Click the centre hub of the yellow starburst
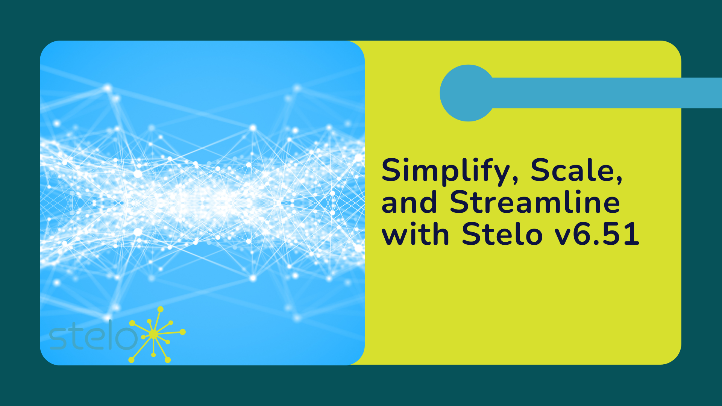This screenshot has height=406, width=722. click(153, 334)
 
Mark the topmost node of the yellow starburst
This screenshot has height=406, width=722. click(161, 309)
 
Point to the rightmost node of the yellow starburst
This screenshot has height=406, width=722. click(183, 332)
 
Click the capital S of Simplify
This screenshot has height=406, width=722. click(393, 170)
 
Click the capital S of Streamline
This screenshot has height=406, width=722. click(461, 202)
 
